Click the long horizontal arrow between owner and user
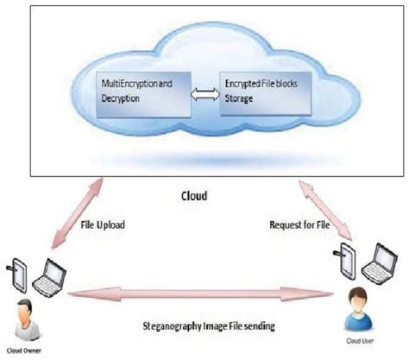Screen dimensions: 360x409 point(204,296)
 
